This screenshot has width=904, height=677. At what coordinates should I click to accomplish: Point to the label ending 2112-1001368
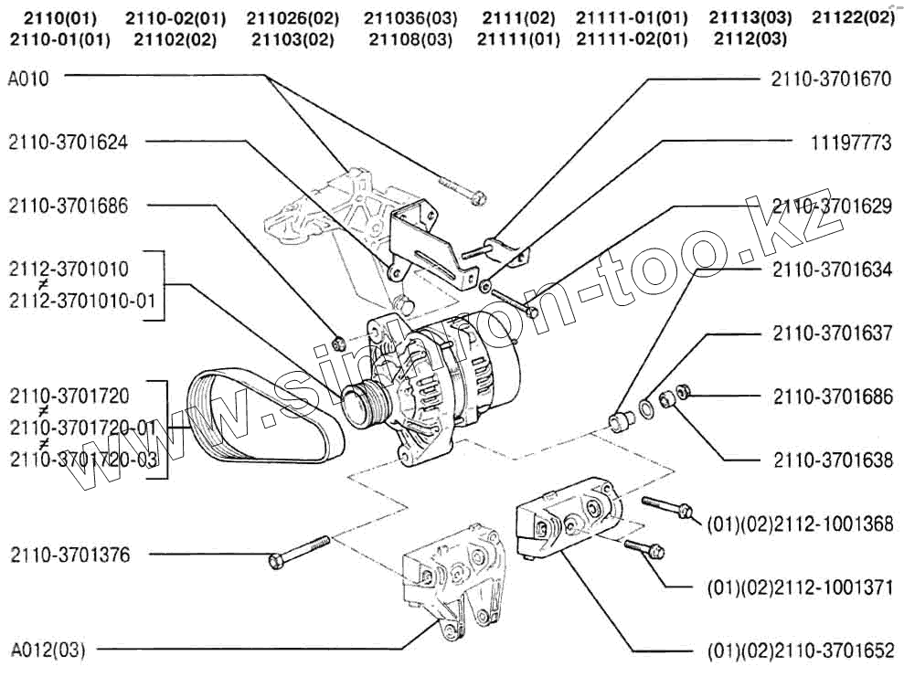pos(799,524)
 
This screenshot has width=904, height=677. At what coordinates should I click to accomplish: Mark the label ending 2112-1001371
pos(799,587)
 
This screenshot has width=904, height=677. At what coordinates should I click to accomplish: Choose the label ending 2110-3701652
pos(799,651)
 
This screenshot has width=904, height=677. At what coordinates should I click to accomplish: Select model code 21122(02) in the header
pos(854,18)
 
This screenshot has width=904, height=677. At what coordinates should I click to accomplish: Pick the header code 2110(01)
pos(59,18)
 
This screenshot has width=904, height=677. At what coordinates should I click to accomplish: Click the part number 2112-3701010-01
pos(82,301)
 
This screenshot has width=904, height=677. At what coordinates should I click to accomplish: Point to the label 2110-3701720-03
pos(82,460)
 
